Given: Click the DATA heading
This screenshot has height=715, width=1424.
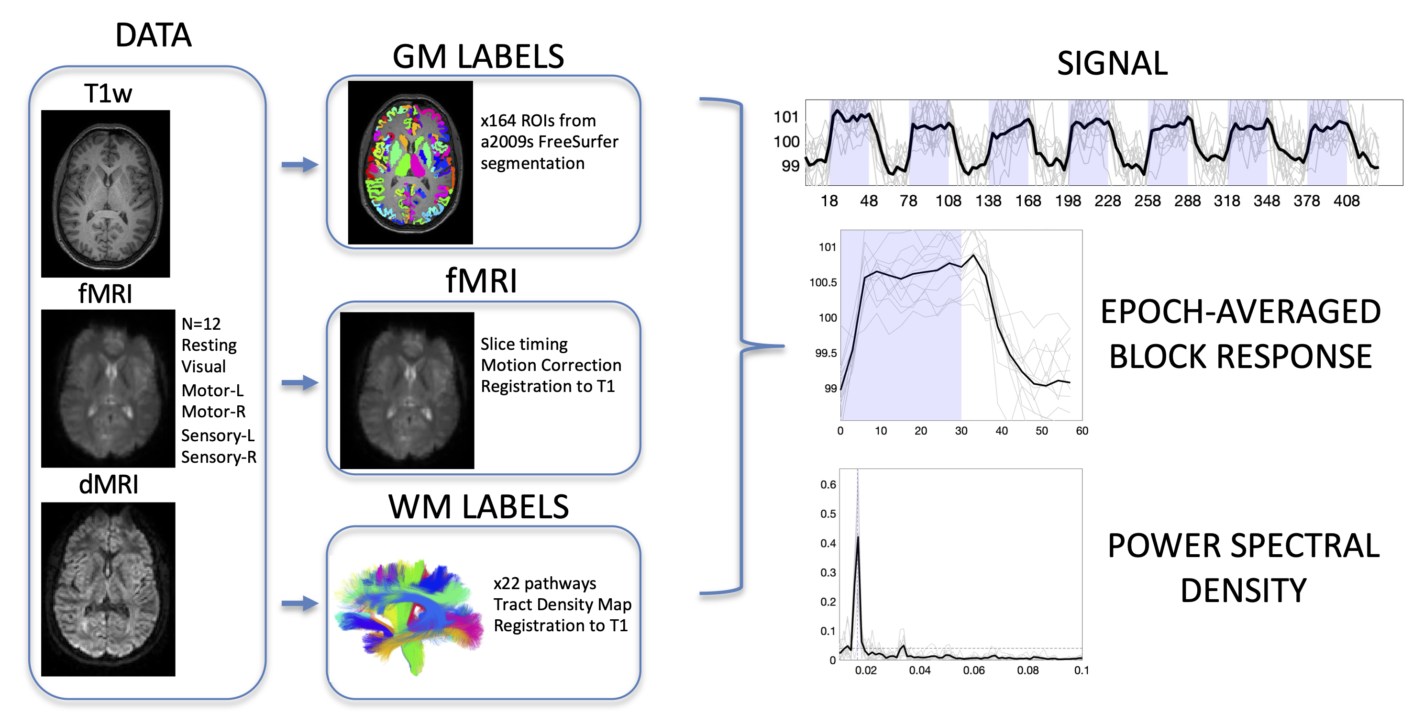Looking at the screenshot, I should pyautogui.click(x=153, y=35).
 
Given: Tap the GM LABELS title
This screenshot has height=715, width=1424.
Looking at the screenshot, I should pyautogui.click(x=478, y=56).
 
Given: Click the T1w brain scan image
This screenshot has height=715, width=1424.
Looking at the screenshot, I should pyautogui.click(x=106, y=193).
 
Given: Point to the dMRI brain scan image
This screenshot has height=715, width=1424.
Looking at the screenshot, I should pyautogui.click(x=109, y=589).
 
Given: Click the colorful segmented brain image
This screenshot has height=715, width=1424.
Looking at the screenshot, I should pyautogui.click(x=410, y=163).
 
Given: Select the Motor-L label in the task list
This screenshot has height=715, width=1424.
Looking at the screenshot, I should pyautogui.click(x=212, y=391).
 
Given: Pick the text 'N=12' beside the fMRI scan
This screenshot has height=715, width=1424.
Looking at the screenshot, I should pyautogui.click(x=201, y=324).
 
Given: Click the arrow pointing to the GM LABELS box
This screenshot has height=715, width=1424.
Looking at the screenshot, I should pyautogui.click(x=299, y=164).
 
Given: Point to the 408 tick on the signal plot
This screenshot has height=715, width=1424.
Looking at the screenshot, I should pyautogui.click(x=1346, y=201).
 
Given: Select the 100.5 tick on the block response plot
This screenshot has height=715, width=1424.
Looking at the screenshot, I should pyautogui.click(x=823, y=282).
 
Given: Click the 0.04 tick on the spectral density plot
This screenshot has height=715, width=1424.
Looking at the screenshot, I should pyautogui.click(x=919, y=670).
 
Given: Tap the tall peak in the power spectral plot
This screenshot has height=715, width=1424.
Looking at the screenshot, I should pyautogui.click(x=857, y=539).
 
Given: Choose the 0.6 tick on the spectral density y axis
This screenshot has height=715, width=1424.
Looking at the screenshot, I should pyautogui.click(x=828, y=484).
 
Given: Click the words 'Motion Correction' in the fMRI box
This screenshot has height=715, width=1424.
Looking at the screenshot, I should pyautogui.click(x=551, y=365).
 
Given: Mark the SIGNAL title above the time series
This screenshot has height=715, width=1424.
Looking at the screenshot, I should pyautogui.click(x=1112, y=63).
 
